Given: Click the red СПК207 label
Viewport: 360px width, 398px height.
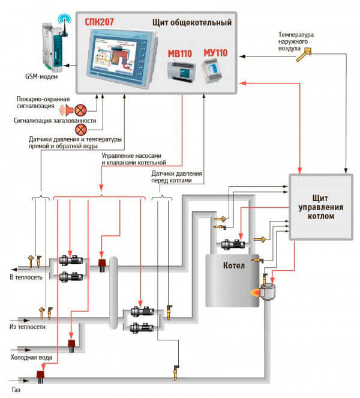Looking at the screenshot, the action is (x=99, y=22).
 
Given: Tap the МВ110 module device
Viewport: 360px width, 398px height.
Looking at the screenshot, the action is (x=182, y=71).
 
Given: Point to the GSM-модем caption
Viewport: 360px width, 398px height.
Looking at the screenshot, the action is (x=41, y=76).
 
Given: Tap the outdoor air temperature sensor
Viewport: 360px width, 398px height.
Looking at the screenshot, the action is (x=304, y=55).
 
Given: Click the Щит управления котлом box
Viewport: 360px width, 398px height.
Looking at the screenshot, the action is (x=321, y=207).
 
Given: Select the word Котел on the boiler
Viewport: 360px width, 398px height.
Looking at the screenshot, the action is (x=234, y=265).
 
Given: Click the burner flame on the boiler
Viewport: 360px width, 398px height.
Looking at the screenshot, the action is (x=255, y=293).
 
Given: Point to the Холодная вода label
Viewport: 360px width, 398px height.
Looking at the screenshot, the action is (x=31, y=357).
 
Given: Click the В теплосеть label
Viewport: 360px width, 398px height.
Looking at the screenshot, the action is (x=26, y=277).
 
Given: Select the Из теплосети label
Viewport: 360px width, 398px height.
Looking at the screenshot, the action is (x=28, y=327).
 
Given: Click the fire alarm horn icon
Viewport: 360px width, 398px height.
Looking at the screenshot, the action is (x=67, y=110).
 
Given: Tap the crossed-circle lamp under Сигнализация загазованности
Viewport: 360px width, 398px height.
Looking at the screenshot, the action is (x=81, y=130).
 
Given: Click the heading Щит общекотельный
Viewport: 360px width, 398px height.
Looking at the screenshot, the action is (x=192, y=22).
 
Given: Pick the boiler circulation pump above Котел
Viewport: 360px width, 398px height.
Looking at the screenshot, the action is (x=233, y=245).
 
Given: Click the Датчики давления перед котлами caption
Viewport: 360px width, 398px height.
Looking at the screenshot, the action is (x=176, y=177).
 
